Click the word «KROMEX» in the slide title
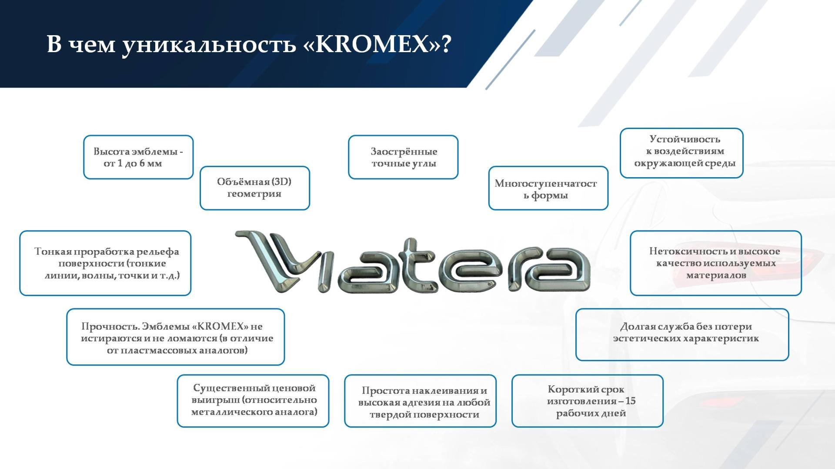coord(372,44)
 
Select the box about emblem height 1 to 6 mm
coord(138,157)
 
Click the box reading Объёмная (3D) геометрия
coord(255,188)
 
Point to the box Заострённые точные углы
coord(403,157)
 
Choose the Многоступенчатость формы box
coord(548,188)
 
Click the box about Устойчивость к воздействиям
coord(681,153)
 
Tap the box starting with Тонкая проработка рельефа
coord(105,263)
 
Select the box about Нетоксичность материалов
coord(716,263)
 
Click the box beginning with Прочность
coord(176,337)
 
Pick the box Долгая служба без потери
coord(682,334)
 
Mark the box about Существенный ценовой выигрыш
coord(253,401)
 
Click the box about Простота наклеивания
coord(421,401)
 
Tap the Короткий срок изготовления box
coord(588,401)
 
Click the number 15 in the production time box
coord(630,401)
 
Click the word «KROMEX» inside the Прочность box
coord(220,327)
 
